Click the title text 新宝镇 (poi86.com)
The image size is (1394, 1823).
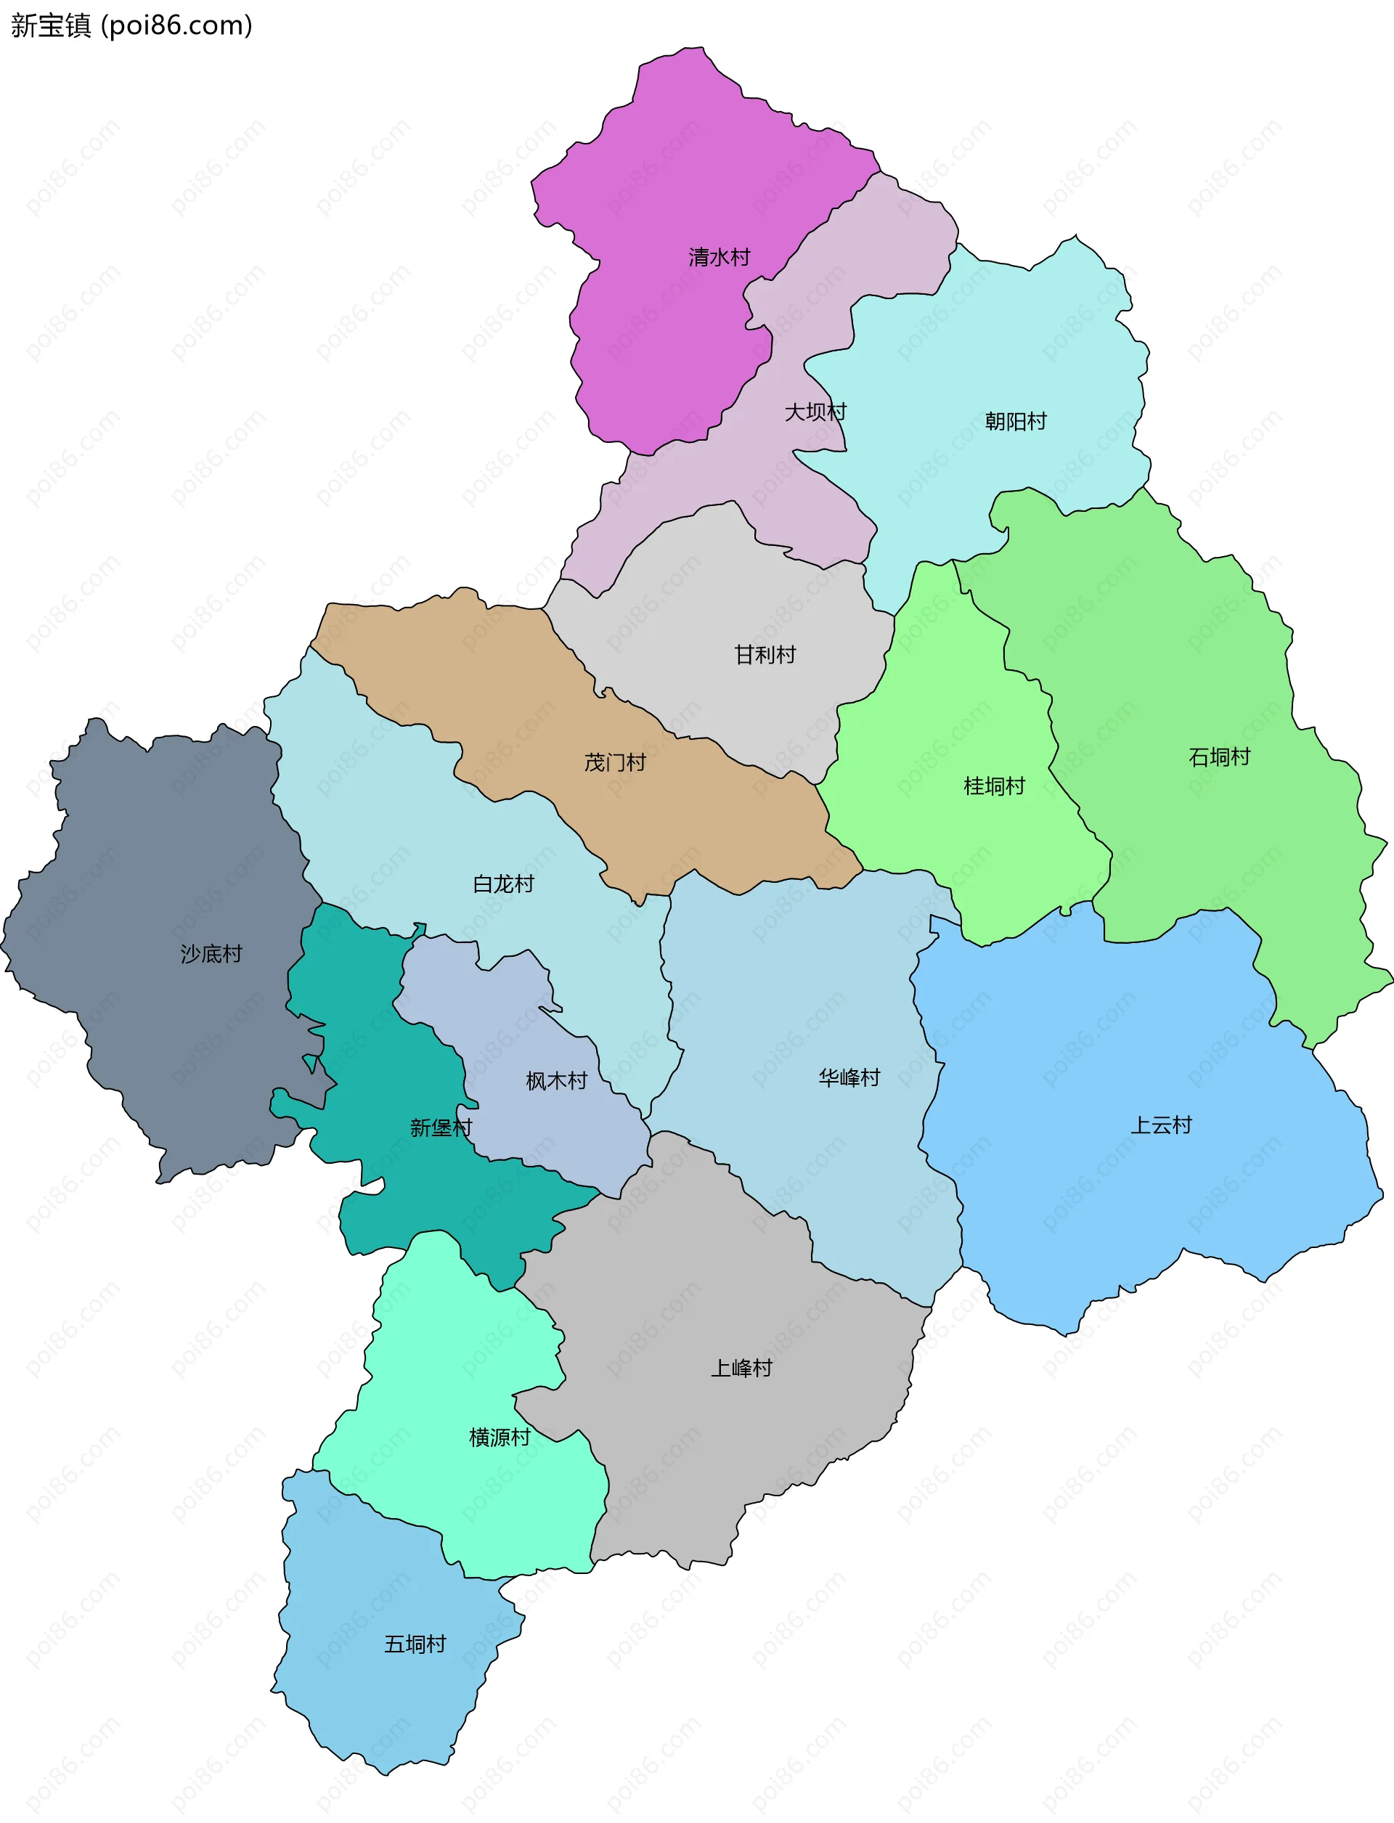[131, 25]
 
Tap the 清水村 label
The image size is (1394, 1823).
[719, 257]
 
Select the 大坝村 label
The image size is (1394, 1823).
[815, 412]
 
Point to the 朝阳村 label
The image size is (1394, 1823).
[1015, 422]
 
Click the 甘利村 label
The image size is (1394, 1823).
[765, 655]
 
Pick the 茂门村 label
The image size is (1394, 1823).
[615, 762]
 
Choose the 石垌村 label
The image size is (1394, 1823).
[1218, 756]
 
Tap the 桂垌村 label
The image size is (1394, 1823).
[993, 786]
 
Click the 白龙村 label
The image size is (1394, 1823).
[503, 884]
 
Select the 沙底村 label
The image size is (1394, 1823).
[211, 954]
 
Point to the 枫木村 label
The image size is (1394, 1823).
[556, 1081]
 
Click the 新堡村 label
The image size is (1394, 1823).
[441, 1127]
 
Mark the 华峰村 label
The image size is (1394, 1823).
[849, 1078]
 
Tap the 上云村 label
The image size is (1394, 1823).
[1160, 1125]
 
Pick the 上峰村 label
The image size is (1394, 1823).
[741, 1369]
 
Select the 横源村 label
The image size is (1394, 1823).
[499, 1437]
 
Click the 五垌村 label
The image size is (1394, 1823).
[415, 1644]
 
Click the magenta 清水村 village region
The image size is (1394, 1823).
[664, 166]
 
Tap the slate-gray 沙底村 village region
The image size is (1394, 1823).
[166, 830]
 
